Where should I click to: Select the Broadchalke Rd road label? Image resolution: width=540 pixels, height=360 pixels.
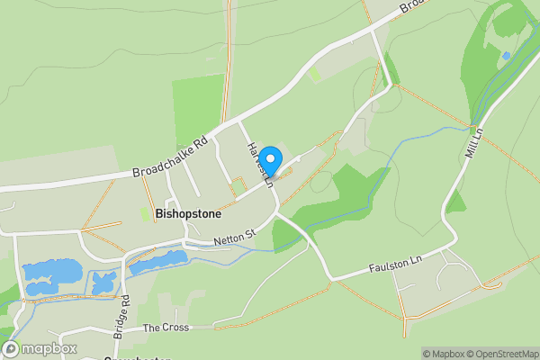(170, 157)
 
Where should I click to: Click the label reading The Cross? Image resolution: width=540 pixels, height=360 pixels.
(166, 328)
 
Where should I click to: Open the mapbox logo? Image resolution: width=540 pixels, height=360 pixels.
(40, 348)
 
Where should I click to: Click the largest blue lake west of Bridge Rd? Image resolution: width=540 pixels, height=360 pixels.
(53, 271)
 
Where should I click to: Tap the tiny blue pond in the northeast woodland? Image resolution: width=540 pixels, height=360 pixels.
(506, 56)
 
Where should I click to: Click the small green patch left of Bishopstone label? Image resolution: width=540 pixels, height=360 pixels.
(144, 214)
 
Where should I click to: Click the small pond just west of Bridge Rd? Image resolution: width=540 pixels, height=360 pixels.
(103, 281)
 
